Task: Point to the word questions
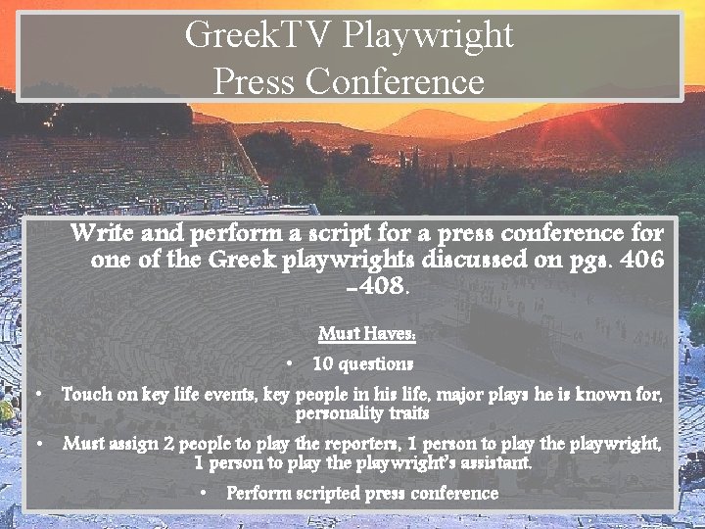(375, 363)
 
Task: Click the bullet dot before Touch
(37, 395)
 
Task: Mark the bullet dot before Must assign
(37, 444)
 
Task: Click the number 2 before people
(169, 444)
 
